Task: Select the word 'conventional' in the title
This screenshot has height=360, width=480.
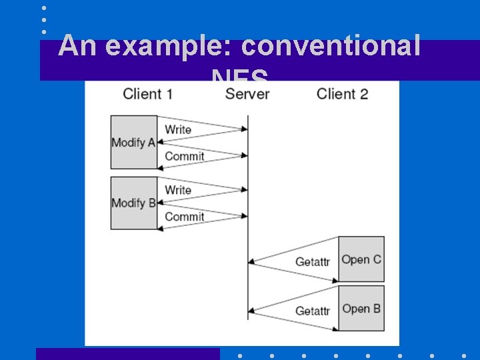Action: (x=331, y=47)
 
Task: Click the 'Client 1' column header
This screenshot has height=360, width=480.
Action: (x=147, y=94)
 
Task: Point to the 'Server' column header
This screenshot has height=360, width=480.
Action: (x=247, y=94)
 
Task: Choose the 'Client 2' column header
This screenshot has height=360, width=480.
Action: (x=342, y=94)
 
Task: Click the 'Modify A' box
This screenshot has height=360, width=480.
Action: (x=134, y=142)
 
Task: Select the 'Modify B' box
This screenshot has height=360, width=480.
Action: (x=134, y=203)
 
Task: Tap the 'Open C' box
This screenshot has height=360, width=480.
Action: (x=361, y=259)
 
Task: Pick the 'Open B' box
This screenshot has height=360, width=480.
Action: (x=361, y=309)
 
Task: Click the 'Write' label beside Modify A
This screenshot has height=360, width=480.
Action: (x=178, y=129)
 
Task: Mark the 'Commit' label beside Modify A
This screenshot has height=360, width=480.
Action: (x=184, y=156)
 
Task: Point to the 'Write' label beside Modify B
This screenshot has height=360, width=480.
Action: (x=178, y=190)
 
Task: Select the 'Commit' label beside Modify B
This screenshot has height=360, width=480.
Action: (x=184, y=217)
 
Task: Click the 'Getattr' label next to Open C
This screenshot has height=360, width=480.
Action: (x=313, y=262)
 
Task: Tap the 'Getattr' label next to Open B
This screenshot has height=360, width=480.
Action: (x=313, y=311)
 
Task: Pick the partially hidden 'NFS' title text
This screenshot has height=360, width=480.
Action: (x=240, y=75)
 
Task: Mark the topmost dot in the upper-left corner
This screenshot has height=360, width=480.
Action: (x=44, y=9)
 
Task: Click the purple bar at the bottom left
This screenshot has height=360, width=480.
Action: (x=127, y=354)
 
